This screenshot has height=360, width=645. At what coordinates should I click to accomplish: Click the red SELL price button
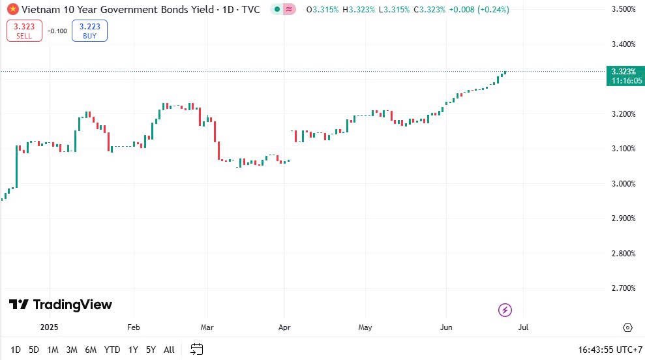[x=24, y=31]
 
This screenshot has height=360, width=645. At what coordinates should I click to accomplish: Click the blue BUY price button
[x=89, y=31]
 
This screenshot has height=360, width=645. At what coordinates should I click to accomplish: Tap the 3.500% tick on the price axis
[x=623, y=9]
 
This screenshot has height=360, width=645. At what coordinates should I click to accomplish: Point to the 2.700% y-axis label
[x=623, y=288]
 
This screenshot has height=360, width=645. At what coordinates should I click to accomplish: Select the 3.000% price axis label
[x=623, y=183]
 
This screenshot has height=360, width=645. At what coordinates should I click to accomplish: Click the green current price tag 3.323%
[x=623, y=76]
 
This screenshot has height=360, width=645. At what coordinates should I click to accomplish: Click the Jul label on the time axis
[x=523, y=327]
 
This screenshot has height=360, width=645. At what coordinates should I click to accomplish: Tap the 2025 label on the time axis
[x=50, y=327]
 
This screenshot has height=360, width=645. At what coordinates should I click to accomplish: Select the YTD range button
[x=112, y=350]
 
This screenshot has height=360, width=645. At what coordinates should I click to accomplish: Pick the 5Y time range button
[x=151, y=350]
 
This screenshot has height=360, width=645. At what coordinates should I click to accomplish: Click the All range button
[x=169, y=350]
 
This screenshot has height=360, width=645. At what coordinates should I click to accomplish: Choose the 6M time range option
[x=91, y=350]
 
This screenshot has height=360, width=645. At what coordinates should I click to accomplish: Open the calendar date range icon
[x=197, y=350]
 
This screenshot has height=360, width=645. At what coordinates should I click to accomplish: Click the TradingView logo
[x=61, y=305]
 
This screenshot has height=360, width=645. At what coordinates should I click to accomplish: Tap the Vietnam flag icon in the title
[x=12, y=10]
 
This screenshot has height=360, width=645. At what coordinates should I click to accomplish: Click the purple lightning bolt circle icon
[x=505, y=310]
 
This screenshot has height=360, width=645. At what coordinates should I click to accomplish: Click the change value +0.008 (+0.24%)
[x=479, y=10]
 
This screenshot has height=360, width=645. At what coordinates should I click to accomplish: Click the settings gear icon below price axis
[x=627, y=327]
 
